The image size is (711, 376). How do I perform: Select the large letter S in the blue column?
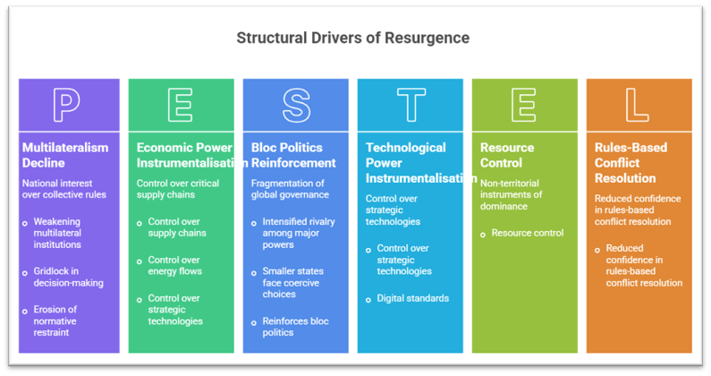tap(296, 105)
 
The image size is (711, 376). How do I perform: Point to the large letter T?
tap(411, 105)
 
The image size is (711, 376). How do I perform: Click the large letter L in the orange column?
tap(638, 105)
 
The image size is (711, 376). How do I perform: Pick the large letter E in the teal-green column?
tap(182, 105)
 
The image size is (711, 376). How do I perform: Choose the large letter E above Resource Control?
tap(525, 105)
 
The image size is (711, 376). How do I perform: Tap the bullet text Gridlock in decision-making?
tap(68, 278)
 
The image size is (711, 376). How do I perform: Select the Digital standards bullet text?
tap(412, 298)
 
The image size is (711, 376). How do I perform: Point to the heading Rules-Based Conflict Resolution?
tap(632, 163)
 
